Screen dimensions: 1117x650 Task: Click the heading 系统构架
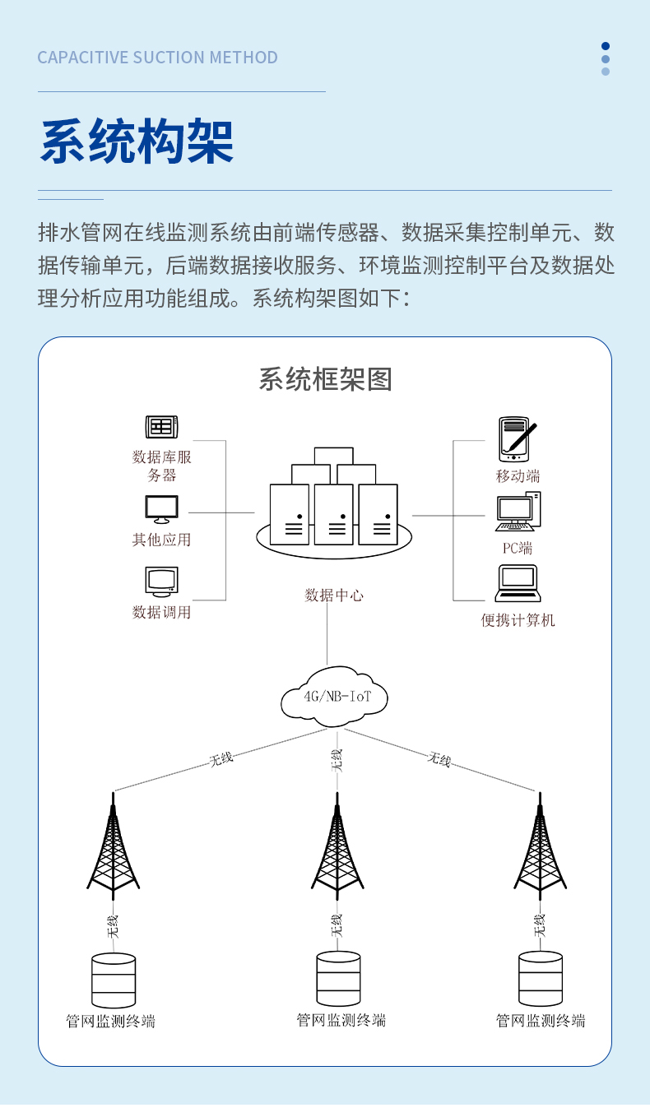coord(137,142)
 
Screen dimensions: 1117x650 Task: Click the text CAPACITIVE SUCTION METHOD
coord(157,58)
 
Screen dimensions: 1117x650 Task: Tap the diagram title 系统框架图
coord(325,379)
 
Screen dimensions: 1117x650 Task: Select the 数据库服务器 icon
coord(161,427)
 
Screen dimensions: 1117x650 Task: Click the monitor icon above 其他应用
coord(161,509)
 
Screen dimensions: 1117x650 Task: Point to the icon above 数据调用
coord(161,582)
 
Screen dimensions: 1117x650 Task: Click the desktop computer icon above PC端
coord(518,512)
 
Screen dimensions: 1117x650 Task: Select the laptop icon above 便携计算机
coord(518,584)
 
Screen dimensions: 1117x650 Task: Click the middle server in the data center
coord(334,514)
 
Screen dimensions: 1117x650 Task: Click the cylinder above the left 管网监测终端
coord(114,980)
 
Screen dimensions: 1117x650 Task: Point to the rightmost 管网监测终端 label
coord(541,1021)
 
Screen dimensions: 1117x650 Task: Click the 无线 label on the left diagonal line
coord(221,758)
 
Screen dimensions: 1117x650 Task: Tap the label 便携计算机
coord(518,620)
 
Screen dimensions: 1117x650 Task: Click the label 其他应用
coord(161,540)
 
